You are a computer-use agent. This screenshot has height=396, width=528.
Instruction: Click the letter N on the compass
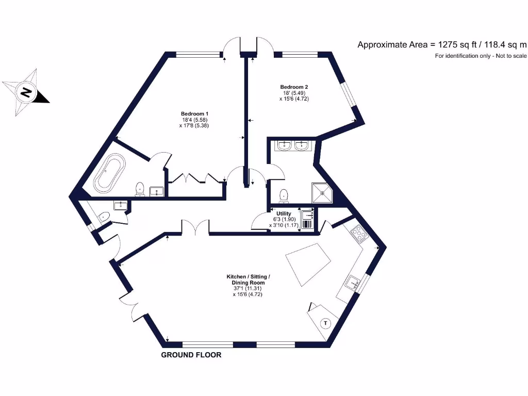(25, 93)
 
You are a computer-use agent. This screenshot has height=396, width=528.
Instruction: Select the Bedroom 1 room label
(194, 113)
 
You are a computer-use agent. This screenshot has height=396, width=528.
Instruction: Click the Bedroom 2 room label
(294, 87)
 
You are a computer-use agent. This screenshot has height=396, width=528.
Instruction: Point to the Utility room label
(284, 213)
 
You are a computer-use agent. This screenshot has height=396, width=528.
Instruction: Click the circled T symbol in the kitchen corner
(325, 324)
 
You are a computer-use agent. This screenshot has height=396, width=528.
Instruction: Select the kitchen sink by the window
(352, 283)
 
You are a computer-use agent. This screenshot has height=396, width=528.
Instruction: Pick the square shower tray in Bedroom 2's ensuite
(323, 193)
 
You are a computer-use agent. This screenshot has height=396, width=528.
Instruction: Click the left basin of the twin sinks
(284, 146)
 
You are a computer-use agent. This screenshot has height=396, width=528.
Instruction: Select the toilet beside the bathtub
(139, 190)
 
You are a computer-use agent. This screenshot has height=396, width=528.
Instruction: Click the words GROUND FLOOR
(191, 355)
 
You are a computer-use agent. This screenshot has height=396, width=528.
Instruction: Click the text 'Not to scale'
(508, 56)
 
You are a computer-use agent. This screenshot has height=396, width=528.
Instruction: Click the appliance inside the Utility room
(308, 219)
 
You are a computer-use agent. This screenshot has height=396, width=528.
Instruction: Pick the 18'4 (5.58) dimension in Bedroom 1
(194, 119)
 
